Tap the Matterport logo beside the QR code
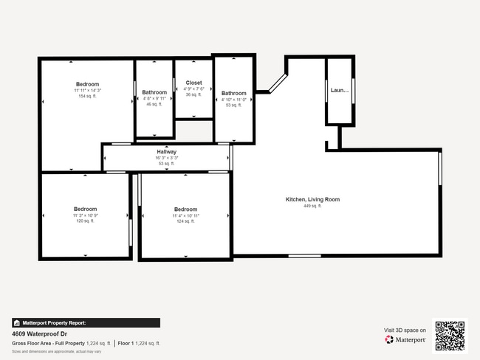click(x=405, y=340)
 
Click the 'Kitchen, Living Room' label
click(x=312, y=199)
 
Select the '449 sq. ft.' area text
click(x=312, y=206)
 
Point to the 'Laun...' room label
click(x=339, y=91)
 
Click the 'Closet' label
click(x=193, y=83)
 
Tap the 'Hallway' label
click(x=166, y=152)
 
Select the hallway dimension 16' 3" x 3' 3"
click(x=166, y=158)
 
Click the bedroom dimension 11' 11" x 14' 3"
click(x=87, y=90)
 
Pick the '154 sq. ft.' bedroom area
click(x=87, y=97)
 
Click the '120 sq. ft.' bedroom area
click(x=85, y=221)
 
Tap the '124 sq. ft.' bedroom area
click(x=185, y=221)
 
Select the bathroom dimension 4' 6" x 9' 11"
click(x=154, y=99)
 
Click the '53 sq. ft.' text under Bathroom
click(x=233, y=105)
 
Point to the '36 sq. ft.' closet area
click(x=193, y=94)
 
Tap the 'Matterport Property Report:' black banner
click(x=85, y=322)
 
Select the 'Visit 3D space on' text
click(x=405, y=330)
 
